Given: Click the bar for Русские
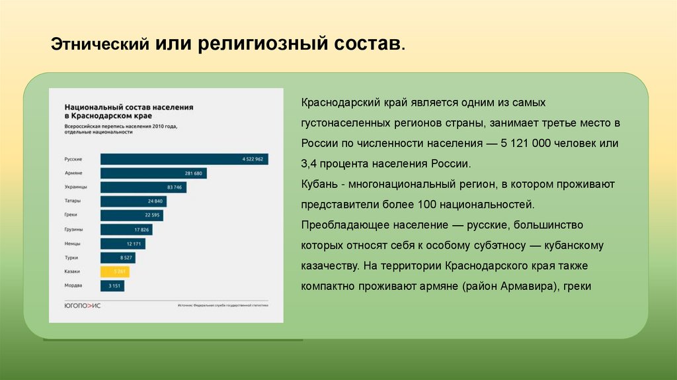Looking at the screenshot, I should click(184, 159).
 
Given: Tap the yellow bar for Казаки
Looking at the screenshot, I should click(114, 271).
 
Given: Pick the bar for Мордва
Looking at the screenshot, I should click(112, 286).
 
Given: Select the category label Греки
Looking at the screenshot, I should click(72, 215).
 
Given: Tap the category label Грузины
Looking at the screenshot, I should click(73, 230).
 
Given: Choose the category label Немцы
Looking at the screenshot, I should click(73, 244).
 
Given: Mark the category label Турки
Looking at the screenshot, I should click(72, 258).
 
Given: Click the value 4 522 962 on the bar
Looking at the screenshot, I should click(253, 159).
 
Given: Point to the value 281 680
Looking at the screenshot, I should click(194, 173).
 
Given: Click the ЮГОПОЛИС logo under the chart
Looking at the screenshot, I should click(83, 305).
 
